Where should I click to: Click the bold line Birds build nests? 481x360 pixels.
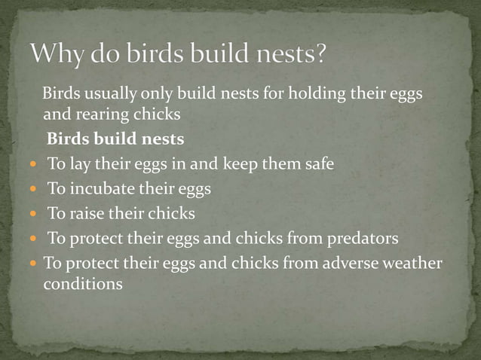[115, 139]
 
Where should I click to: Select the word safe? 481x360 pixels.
[317, 163]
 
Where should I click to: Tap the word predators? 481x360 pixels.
[362, 239]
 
